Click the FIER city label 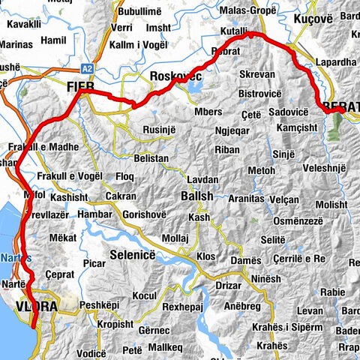[79, 86]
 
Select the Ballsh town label [197, 196]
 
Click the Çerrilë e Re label [298, 258]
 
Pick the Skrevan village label [258, 76]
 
